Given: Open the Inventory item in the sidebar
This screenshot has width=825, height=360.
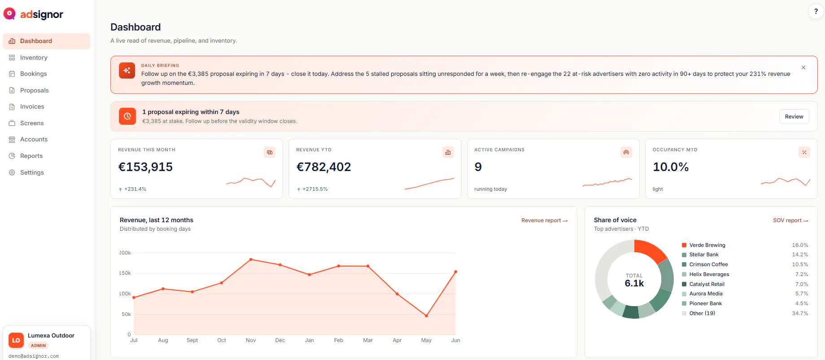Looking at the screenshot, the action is [34, 57].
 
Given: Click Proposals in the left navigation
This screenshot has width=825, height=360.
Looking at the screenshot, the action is [34, 90].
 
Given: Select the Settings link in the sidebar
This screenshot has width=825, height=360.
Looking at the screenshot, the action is [32, 172].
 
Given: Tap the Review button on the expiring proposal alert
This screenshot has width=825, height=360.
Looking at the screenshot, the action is [794, 117].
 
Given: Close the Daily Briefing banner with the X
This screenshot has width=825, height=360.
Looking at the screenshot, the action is [803, 68].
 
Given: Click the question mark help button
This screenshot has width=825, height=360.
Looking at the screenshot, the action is [816, 12].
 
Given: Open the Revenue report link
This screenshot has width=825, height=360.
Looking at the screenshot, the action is [544, 220].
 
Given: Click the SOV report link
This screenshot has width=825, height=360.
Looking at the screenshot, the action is [790, 220].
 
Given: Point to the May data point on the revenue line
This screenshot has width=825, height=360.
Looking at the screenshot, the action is [426, 316].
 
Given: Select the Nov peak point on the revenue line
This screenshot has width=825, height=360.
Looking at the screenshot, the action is [251, 259].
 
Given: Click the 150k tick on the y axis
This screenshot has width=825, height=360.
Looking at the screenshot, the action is [125, 273].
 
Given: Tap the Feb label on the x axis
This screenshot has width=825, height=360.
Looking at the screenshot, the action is [339, 340].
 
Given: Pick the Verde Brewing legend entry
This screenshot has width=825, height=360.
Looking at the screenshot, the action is [703, 245].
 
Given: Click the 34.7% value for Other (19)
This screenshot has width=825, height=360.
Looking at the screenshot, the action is [800, 313].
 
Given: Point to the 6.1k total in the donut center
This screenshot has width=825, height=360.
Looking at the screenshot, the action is [634, 283].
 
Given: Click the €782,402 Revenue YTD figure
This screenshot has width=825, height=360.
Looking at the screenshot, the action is [323, 167].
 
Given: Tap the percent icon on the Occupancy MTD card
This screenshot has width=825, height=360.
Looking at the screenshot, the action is [804, 152].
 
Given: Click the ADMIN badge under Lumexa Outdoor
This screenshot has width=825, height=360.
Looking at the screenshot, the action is [38, 346].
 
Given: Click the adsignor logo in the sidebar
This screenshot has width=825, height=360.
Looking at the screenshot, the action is [33, 14].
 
